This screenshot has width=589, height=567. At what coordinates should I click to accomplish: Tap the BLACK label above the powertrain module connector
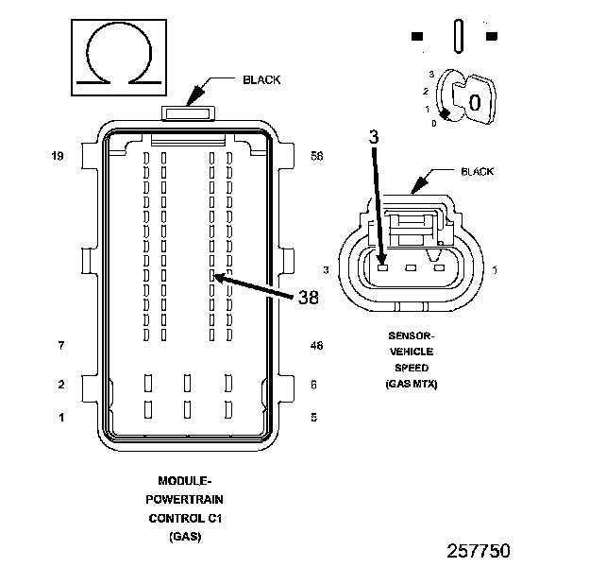coord(261,80)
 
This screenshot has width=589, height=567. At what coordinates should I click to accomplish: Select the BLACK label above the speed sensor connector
coord(477,172)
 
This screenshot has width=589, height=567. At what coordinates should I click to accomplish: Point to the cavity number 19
coord(58,156)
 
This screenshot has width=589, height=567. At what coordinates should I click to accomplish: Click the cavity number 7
coord(60,346)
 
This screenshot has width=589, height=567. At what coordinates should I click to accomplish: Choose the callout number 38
coord(308,298)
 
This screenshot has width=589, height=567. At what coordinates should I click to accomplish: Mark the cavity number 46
coord(316,346)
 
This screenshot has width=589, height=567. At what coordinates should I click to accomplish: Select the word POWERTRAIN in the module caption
coord(186,499)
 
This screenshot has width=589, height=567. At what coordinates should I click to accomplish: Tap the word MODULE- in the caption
coord(186,481)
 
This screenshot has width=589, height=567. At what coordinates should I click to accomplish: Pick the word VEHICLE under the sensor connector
coord(412,351)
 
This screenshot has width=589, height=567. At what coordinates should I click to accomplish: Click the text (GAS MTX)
coord(412,384)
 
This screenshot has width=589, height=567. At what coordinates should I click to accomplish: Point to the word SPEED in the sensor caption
coord(412,367)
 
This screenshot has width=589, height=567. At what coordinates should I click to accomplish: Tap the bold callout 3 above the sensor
coord(374,138)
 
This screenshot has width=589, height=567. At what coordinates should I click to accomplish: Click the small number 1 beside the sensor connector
coord(496,270)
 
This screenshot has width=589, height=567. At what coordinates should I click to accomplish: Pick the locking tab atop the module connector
coord(188,113)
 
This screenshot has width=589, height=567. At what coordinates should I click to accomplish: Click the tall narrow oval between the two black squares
coord(459,37)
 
